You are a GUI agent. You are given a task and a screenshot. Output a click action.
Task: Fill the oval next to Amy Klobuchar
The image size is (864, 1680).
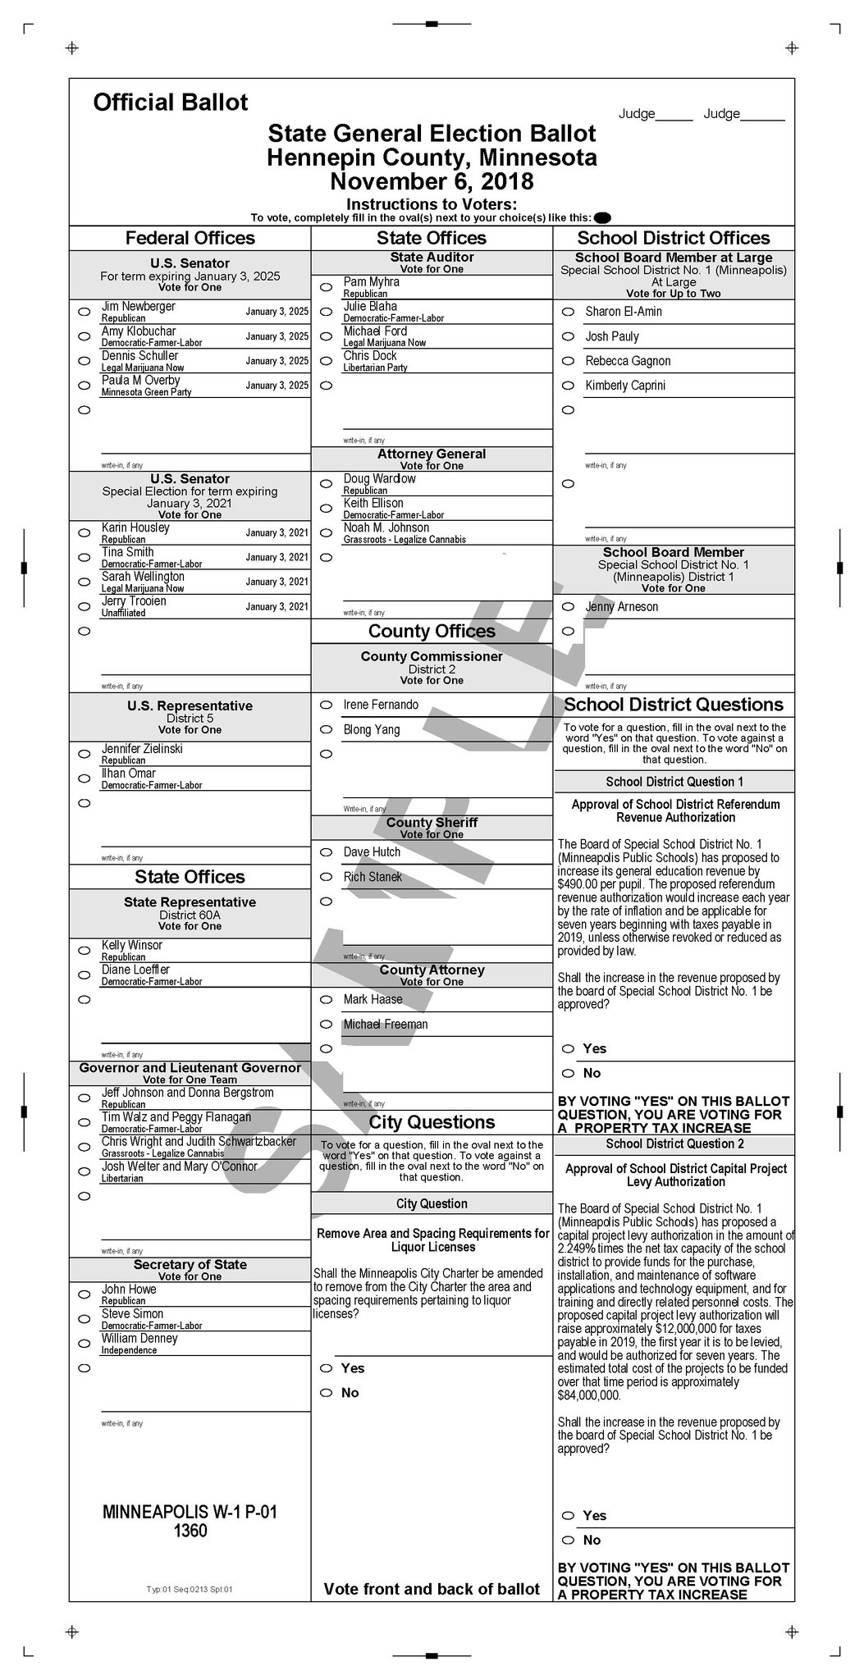[x=84, y=336]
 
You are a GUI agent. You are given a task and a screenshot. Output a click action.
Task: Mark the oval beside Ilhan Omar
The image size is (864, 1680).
[x=84, y=778]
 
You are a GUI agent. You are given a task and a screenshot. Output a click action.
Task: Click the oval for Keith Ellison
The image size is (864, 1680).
[x=326, y=509]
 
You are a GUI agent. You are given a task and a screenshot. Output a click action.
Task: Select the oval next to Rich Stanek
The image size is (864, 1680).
[x=326, y=878]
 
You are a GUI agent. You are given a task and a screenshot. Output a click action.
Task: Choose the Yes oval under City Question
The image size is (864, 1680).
[x=326, y=1368]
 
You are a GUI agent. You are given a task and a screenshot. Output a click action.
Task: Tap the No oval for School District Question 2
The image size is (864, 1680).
[x=568, y=1541]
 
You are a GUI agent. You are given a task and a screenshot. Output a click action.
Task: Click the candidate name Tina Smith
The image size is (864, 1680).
[x=128, y=552]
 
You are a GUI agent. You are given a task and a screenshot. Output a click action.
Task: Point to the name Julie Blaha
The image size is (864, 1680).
[x=370, y=307]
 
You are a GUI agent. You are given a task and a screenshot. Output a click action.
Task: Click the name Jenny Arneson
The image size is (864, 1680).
[x=621, y=607]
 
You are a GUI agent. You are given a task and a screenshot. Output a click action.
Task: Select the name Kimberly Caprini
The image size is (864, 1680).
[x=625, y=386]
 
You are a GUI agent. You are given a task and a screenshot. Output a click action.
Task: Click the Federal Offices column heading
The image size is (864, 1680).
[x=190, y=239]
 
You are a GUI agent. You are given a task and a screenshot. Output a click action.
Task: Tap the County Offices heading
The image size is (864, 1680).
[x=432, y=631]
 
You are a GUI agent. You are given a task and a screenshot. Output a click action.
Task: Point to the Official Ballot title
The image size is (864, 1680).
[x=170, y=103]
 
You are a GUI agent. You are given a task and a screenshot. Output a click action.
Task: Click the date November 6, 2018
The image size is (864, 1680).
[x=432, y=181]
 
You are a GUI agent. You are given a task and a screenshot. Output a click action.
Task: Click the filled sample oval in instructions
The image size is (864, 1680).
[x=602, y=217]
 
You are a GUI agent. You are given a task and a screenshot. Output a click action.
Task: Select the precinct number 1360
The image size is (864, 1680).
[x=190, y=1532]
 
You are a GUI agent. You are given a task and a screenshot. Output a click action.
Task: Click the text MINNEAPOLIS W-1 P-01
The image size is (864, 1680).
[x=190, y=1512]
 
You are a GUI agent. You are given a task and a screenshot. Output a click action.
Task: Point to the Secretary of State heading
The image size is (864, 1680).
[x=190, y=1265]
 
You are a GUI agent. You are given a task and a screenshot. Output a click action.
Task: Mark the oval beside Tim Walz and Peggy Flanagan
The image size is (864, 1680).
[x=84, y=1123]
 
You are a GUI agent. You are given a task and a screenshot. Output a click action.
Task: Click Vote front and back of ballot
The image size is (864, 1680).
[x=432, y=1589]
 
